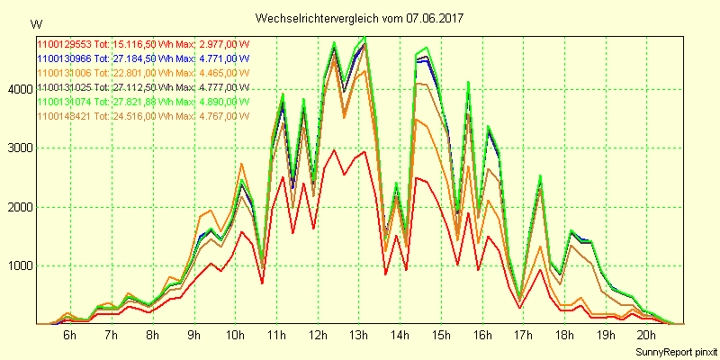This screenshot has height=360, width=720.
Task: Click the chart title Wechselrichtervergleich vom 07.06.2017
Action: click(359, 18)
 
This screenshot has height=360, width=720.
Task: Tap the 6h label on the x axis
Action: click(69, 335)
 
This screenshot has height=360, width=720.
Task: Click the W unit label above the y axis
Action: click(35, 22)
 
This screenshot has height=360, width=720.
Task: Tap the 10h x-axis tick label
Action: click(236, 335)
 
